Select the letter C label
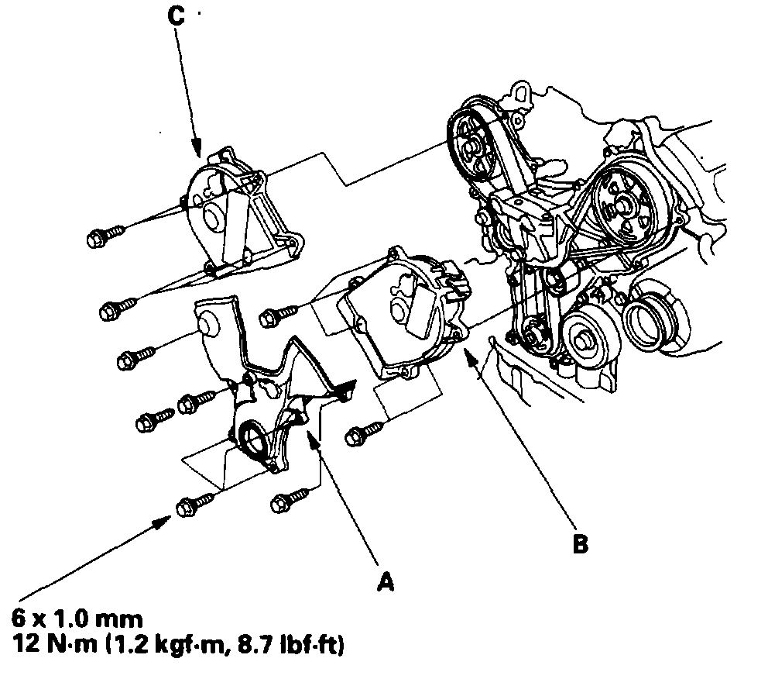[x=176, y=16]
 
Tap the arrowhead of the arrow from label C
[x=198, y=151]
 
